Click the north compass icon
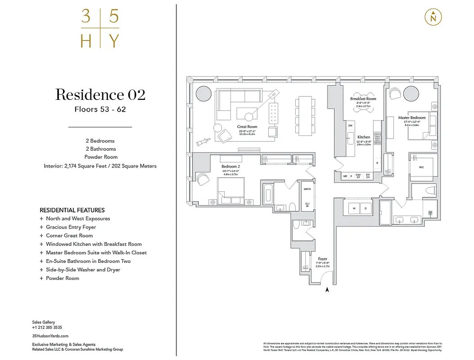tap(433, 17)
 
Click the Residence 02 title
tap(100, 95)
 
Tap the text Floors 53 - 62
tap(100, 109)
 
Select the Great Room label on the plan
tap(247, 127)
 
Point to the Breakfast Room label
tap(363, 99)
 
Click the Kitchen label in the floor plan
tap(364, 137)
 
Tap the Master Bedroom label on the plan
tap(411, 118)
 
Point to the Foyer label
tap(322, 259)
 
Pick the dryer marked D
tap(366, 208)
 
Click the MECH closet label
tap(307, 189)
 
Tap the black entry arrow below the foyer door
tap(327, 290)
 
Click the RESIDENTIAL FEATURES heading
tap(72, 210)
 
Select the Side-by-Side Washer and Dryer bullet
tap(83, 270)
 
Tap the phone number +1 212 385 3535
tap(47, 328)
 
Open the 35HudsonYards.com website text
tap(50, 336)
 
